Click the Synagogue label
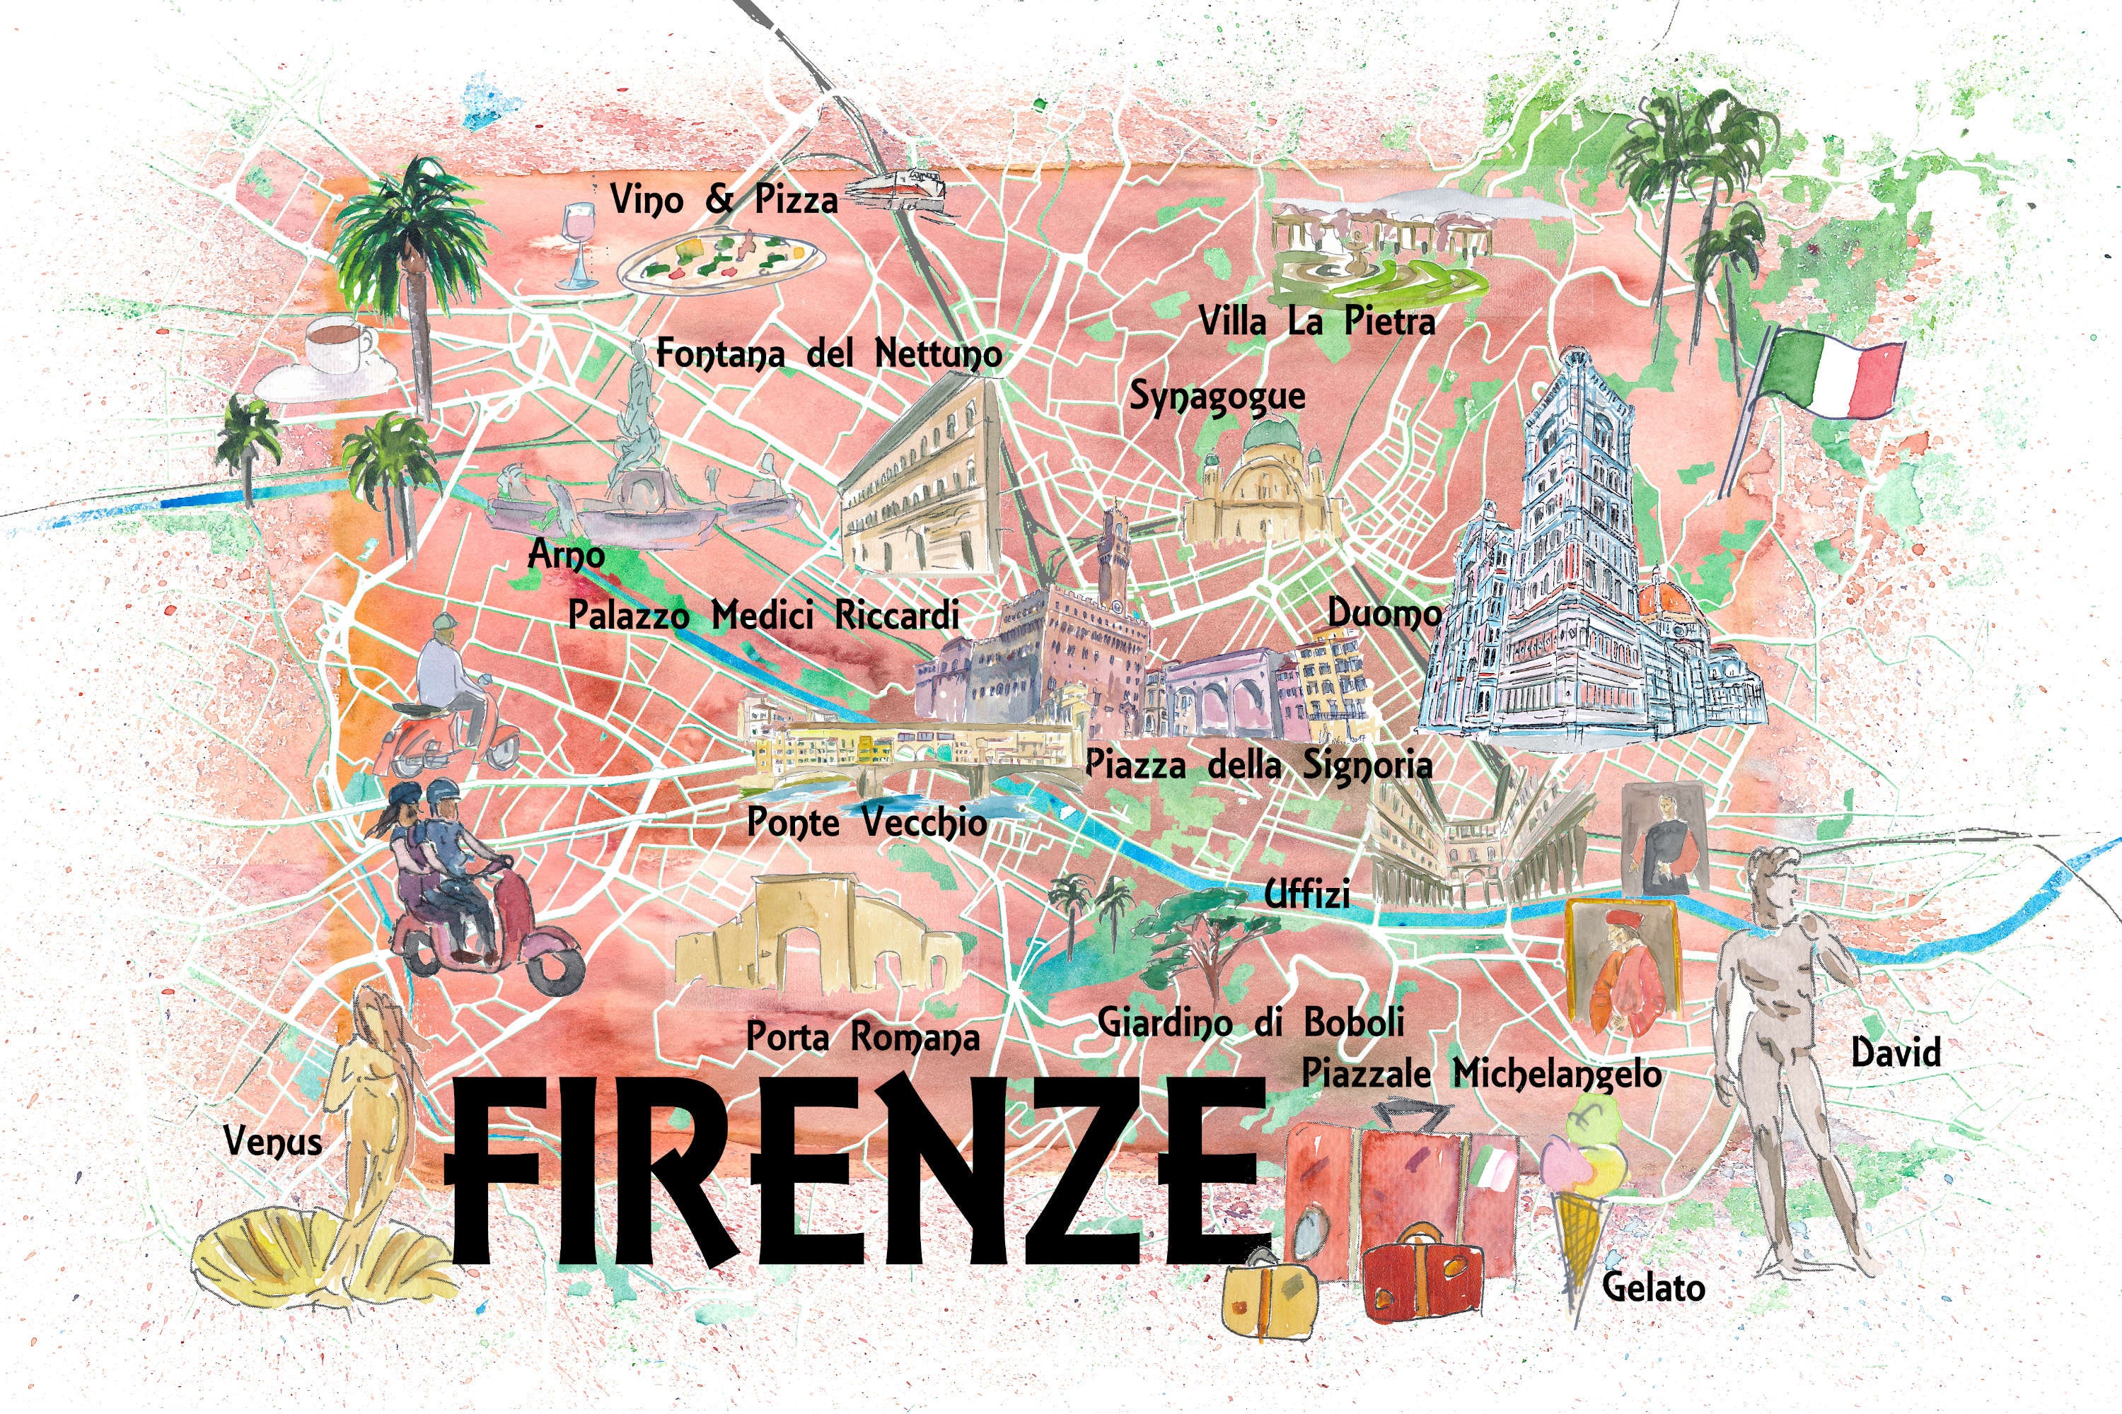pos(1217,397)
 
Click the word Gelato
pos(1653,1287)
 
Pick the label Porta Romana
pos(862,1038)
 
